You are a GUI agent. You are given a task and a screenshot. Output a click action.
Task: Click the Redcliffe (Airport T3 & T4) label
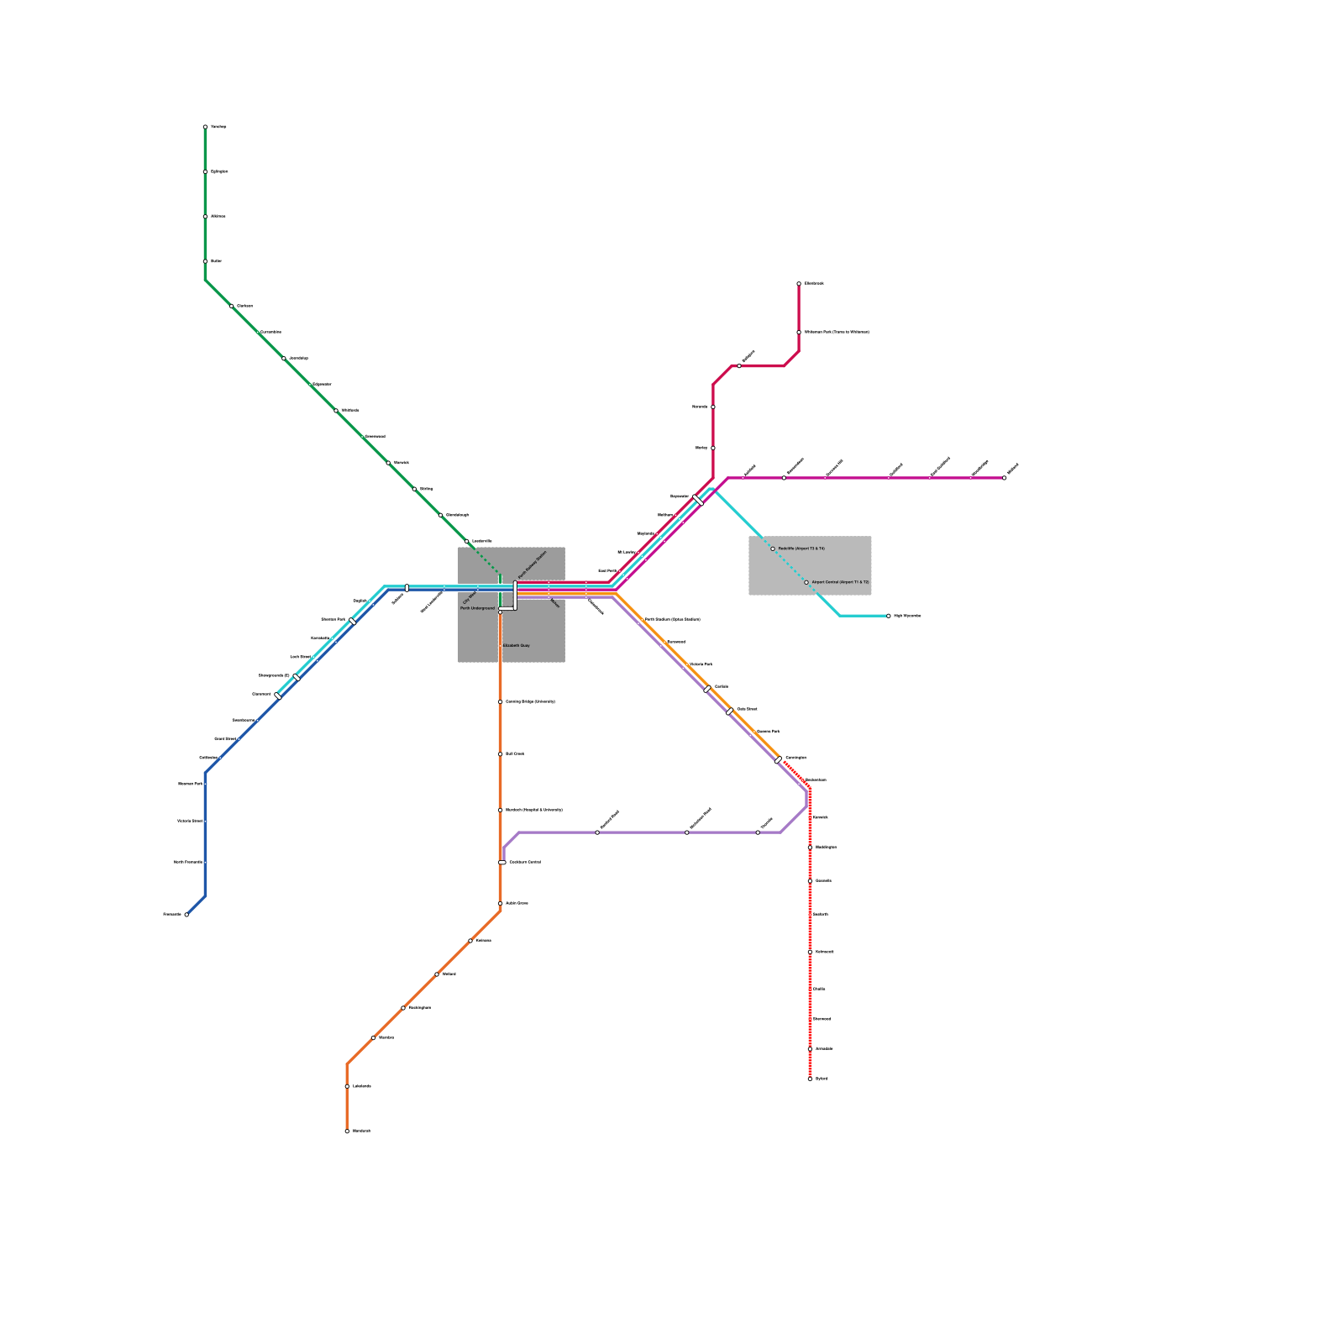(x=801, y=549)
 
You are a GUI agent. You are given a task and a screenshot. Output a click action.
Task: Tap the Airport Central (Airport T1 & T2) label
(x=840, y=582)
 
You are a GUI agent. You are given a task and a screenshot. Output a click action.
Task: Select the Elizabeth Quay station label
(x=516, y=646)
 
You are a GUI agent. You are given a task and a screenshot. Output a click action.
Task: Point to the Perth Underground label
(x=477, y=608)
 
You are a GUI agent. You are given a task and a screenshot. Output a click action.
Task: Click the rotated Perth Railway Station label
(x=532, y=564)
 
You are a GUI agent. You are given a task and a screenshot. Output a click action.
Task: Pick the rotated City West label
(x=470, y=596)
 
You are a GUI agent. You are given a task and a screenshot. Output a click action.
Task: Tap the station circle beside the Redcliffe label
(x=773, y=549)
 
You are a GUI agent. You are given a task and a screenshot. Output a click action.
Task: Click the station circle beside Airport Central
(x=806, y=582)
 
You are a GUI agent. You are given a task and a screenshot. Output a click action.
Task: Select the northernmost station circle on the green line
(x=205, y=127)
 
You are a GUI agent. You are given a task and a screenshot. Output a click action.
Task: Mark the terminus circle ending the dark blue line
(x=186, y=915)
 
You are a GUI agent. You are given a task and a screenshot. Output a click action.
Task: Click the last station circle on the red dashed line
(x=810, y=1079)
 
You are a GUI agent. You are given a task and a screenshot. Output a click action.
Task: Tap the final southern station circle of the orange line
(x=347, y=1131)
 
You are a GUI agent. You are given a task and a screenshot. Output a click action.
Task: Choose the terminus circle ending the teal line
(x=889, y=616)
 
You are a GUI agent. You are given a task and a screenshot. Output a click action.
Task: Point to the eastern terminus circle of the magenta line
(x=1005, y=478)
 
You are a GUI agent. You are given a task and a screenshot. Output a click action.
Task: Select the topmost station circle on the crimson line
(x=799, y=284)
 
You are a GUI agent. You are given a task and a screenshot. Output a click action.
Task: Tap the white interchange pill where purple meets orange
(x=502, y=863)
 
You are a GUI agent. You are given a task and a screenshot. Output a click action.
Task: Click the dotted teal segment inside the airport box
(x=790, y=565)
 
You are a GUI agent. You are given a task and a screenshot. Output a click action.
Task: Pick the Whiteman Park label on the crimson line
(x=837, y=333)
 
